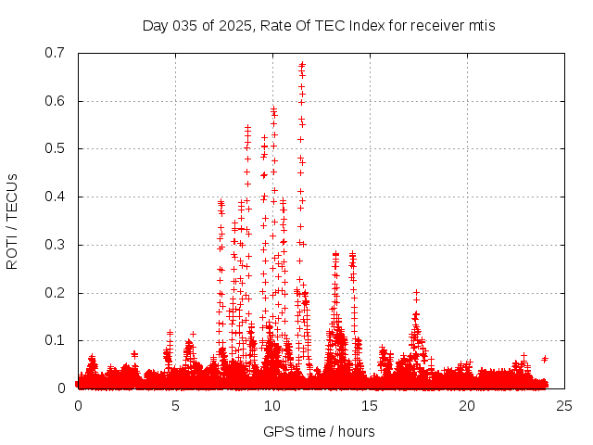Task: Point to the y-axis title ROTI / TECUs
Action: [12, 221]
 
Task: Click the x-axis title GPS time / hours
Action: [319, 431]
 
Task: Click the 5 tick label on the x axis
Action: [175, 406]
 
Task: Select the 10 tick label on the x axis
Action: [272, 406]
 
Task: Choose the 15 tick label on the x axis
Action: [370, 406]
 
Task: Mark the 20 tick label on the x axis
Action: [467, 406]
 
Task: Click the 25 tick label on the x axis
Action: [564, 406]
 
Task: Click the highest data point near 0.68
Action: [302, 64]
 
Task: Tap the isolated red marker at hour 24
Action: [545, 359]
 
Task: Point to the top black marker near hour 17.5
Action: [416, 292]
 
